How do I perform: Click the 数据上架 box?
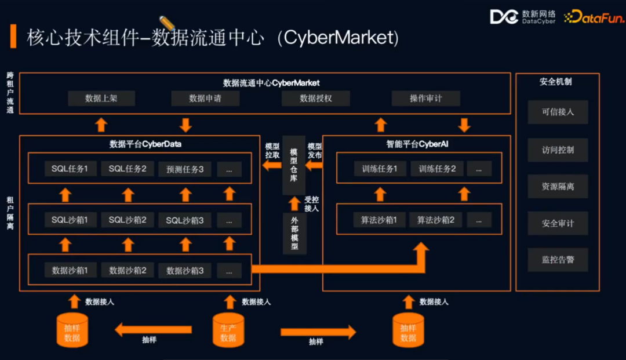click(x=101, y=99)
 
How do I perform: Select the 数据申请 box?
click(x=205, y=99)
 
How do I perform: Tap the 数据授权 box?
click(x=316, y=99)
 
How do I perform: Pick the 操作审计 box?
click(x=426, y=99)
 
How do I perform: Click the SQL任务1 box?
click(x=70, y=169)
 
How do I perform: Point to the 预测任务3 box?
click(x=185, y=169)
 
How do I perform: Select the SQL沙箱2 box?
click(x=128, y=220)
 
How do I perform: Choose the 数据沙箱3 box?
click(x=185, y=270)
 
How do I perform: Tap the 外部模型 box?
click(x=294, y=233)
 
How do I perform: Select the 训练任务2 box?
click(x=437, y=169)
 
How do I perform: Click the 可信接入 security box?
click(x=558, y=112)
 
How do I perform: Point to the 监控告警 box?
click(x=558, y=260)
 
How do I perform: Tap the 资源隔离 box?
click(x=558, y=187)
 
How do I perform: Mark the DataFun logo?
click(x=594, y=17)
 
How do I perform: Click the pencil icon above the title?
click(x=167, y=22)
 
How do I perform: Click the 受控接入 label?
click(x=312, y=203)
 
